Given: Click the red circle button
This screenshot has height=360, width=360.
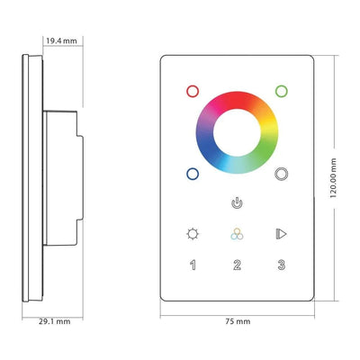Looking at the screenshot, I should (191, 91).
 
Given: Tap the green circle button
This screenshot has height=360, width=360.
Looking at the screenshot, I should (282, 91).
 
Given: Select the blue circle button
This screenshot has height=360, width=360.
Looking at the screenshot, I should (191, 175).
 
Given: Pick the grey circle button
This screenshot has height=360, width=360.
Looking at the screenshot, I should (282, 175).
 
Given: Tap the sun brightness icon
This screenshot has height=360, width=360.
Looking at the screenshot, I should (191, 234).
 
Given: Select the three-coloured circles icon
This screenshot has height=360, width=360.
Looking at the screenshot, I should (237, 234).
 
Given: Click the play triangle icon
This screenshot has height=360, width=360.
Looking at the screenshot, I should (282, 234).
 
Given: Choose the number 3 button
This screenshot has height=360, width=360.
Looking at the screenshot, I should (282, 265).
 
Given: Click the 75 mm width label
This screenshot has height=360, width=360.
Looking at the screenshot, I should (236, 319).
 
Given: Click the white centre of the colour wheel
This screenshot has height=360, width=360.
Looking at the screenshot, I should (237, 132).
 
